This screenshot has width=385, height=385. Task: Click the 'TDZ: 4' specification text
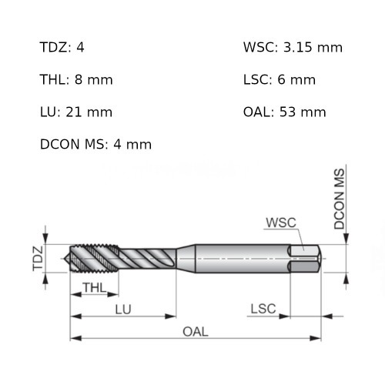click(62, 48)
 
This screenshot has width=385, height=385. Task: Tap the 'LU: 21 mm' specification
click(75, 112)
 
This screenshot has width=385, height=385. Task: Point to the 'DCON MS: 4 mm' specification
click(95, 145)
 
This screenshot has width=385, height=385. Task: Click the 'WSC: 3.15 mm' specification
click(293, 48)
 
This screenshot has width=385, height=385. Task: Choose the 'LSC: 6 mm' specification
click(279, 80)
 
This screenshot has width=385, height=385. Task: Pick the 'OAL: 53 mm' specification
click(284, 112)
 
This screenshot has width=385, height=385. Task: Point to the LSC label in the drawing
click(263, 309)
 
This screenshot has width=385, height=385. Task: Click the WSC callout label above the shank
click(280, 223)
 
